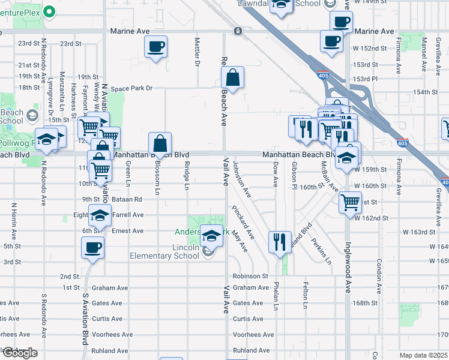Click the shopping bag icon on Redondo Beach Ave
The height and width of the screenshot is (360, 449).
tap(232, 78)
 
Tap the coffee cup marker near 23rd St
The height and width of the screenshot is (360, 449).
tap(155, 47)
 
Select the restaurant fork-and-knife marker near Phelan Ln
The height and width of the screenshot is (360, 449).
tap(280, 242)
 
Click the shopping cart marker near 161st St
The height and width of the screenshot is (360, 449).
tap(350, 202)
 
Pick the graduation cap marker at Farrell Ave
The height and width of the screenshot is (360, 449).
tap(100, 215)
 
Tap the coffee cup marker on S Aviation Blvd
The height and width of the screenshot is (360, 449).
tap(93, 248)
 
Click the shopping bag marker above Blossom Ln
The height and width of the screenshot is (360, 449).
tap(160, 145)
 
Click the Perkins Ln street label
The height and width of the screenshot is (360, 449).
tap(321, 251)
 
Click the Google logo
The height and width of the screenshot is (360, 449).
tap(20, 353)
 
